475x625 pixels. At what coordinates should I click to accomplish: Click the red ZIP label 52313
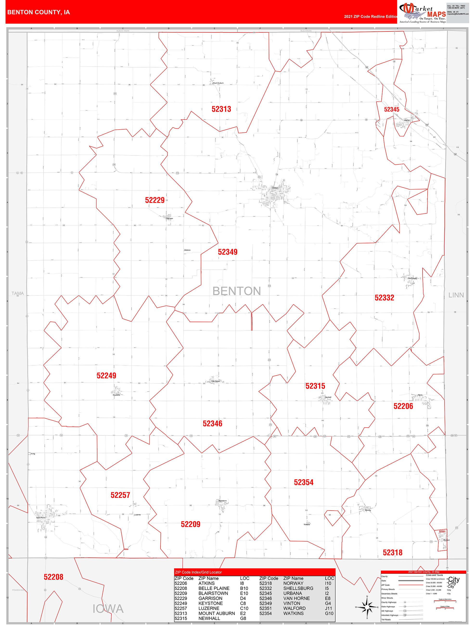tap(221, 109)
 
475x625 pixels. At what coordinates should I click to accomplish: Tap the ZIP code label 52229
tap(155, 200)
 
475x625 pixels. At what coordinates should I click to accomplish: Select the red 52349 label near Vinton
tap(227, 252)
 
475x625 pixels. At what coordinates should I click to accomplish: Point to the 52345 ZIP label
tap(392, 109)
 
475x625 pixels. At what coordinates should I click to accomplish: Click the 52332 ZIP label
tap(384, 298)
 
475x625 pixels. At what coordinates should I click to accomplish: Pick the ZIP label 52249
tap(106, 375)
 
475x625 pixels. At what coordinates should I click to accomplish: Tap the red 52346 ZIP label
tap(212, 424)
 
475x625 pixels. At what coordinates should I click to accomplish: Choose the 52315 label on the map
tap(315, 386)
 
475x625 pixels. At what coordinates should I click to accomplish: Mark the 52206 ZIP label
tap(403, 406)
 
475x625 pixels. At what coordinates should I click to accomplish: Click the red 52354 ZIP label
tap(304, 482)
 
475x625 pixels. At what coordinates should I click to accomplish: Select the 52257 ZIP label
tap(120, 495)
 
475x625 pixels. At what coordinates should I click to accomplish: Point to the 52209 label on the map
tap(190, 524)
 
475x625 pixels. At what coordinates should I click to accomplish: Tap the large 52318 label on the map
tap(392, 552)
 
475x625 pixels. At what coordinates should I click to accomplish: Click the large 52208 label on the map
tap(53, 577)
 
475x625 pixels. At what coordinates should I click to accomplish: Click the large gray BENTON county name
tap(237, 291)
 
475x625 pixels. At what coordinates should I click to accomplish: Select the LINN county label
tap(456, 295)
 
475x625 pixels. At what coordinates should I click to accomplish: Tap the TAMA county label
tap(18, 293)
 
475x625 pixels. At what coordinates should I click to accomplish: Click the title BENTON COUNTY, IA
tap(39, 12)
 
